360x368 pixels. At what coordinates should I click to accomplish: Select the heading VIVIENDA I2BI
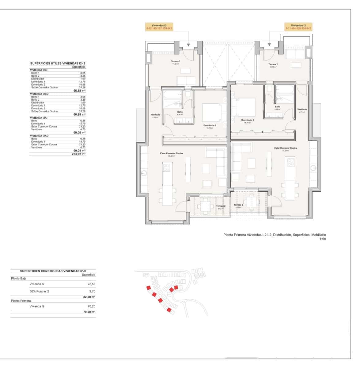(x=39, y=70)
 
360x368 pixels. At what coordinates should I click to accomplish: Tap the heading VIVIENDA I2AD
(x=39, y=136)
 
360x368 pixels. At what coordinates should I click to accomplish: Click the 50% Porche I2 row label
(x=39, y=291)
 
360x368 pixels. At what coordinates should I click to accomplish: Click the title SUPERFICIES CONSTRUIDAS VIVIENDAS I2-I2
(x=53, y=271)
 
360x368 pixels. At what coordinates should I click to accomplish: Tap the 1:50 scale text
(x=323, y=239)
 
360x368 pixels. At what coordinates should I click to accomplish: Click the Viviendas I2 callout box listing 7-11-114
(x=298, y=27)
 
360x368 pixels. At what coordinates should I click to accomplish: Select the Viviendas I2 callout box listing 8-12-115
(x=159, y=27)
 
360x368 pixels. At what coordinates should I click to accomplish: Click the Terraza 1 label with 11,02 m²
(x=176, y=62)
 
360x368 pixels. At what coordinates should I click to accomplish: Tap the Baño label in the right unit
(x=277, y=107)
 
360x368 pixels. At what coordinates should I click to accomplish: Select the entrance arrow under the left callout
(x=188, y=45)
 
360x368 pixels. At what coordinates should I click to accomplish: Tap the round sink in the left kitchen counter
(x=144, y=174)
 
